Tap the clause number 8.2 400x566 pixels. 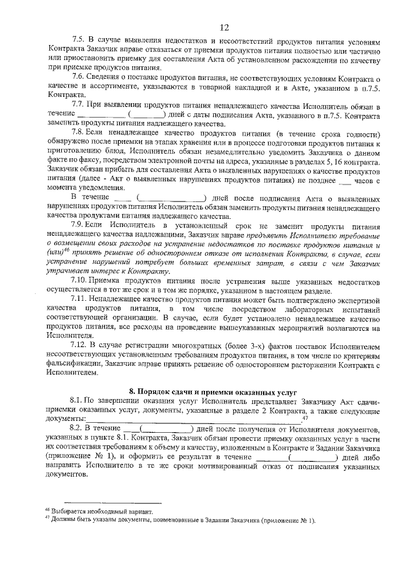click(x=77, y=427)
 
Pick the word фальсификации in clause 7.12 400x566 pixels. click(x=73, y=363)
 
